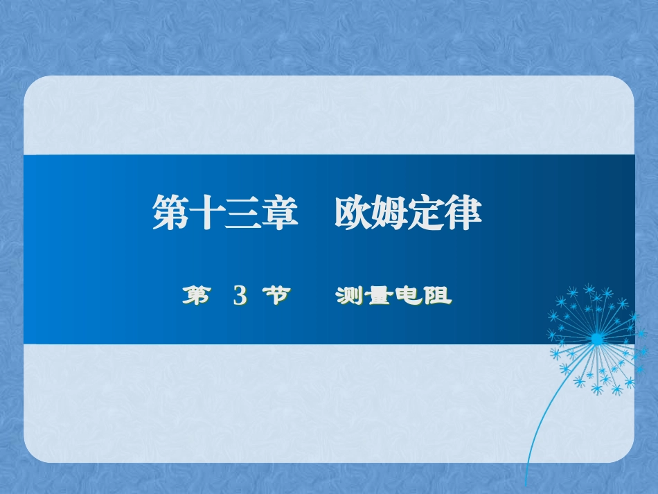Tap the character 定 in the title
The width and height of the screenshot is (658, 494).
(427, 213)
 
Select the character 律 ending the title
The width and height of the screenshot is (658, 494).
(463, 213)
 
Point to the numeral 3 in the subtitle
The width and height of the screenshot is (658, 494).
(240, 297)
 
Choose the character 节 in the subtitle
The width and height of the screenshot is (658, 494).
(276, 297)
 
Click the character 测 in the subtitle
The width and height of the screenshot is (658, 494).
(349, 297)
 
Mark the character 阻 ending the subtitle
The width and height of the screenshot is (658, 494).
(438, 297)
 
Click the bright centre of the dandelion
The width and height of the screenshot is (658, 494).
(596, 339)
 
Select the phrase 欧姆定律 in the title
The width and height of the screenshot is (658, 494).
(408, 213)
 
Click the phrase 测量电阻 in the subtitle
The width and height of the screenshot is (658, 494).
(393, 297)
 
